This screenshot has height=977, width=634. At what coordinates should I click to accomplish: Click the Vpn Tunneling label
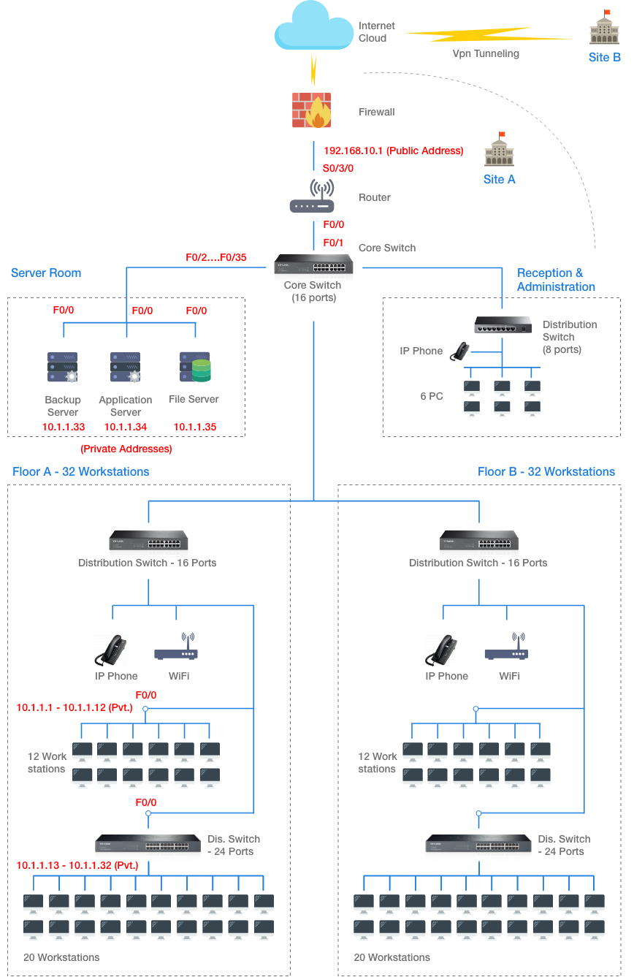486,53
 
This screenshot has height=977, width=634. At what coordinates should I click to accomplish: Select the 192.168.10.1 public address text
393,151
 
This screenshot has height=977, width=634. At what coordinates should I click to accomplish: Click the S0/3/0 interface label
337,168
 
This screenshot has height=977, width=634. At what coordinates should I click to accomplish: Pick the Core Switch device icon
313,265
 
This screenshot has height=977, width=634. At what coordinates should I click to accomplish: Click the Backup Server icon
63,367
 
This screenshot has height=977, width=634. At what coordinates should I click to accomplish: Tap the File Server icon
194,367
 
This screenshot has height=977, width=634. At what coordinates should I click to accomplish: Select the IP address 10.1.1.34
126,427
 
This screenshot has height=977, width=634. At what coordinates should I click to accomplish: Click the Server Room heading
46,273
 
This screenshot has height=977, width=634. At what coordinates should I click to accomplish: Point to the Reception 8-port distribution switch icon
503,326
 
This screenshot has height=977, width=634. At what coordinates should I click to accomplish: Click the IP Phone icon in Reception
460,351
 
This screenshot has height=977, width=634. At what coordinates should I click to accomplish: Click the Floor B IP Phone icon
441,650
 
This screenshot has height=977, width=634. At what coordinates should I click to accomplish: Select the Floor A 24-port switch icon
148,843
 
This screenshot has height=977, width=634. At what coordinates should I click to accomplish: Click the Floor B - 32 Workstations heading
546,471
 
